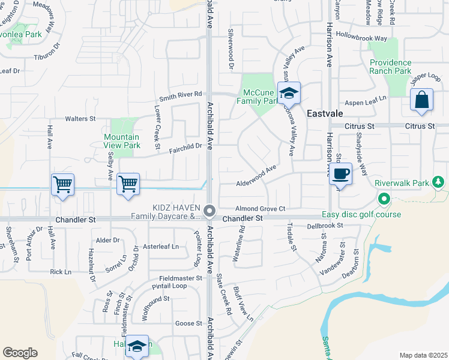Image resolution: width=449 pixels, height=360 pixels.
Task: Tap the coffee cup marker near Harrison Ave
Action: pos(340,174)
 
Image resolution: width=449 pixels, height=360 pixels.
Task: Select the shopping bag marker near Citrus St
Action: pos(421,100)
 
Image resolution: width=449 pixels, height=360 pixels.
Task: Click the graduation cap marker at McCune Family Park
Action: pos(289,93)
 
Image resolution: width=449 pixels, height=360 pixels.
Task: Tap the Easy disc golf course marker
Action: pos(384,198)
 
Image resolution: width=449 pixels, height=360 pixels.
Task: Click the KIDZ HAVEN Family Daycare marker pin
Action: pos(209,211)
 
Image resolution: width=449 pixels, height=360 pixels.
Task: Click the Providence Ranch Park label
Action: pos(391,67)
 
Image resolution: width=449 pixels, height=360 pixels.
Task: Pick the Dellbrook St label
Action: pos(324,226)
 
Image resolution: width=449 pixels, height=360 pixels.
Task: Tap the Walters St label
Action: pos(80,119)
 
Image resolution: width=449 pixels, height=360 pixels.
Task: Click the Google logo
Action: pos(20,353)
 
